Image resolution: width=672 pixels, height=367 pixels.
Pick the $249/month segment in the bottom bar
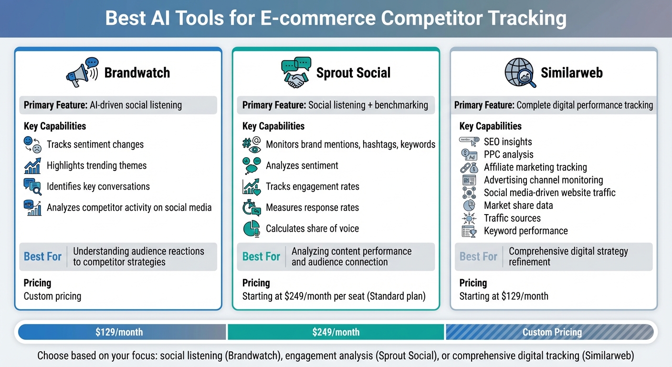[x=336, y=332]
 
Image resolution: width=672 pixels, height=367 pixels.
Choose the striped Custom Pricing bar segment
[x=552, y=332]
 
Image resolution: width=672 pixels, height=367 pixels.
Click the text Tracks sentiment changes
[x=95, y=144]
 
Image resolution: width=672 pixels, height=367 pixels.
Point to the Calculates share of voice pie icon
[x=251, y=228]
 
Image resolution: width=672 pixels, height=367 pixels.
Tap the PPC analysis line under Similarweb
[x=508, y=154]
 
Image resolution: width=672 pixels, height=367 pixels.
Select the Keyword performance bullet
[x=525, y=231]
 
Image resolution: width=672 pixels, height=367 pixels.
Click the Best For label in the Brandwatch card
[x=42, y=257]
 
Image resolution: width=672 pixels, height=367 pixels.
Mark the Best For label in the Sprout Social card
[x=261, y=257]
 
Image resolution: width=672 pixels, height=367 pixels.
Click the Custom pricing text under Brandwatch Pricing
[x=52, y=296]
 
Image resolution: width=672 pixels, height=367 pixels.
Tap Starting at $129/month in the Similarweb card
[x=504, y=296]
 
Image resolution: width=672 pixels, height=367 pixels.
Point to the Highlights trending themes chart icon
[x=32, y=165]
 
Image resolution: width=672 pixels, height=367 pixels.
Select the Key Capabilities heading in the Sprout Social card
[x=273, y=126]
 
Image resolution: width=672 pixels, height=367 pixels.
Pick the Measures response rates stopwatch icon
[x=251, y=207]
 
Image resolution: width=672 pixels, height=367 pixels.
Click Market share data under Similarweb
[x=518, y=205]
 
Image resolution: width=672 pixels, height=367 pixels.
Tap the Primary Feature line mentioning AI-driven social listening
[x=103, y=105]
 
